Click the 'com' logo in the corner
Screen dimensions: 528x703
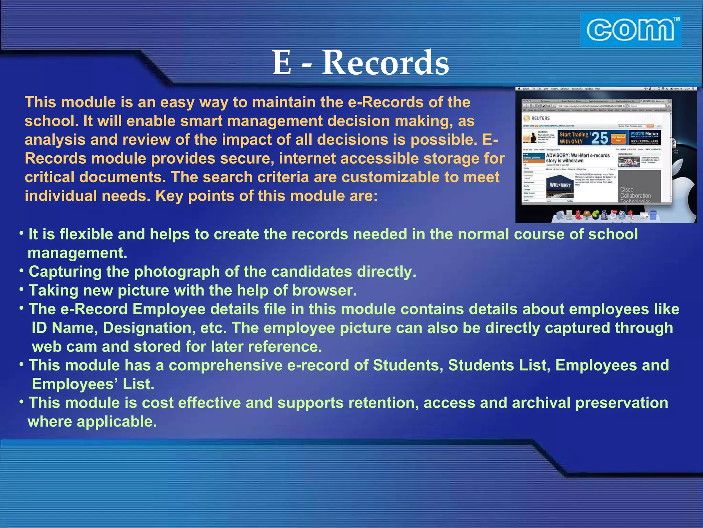pos(631,30)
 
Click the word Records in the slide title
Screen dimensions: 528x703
pos(385,63)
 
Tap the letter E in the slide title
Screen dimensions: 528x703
pos(282,63)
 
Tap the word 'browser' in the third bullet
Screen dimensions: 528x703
pos(324,291)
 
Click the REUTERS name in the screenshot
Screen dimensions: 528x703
pos(540,118)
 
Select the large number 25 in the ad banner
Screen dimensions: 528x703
pos(600,138)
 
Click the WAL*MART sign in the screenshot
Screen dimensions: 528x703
pos(560,185)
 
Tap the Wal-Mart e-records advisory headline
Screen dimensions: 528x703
pos(578,158)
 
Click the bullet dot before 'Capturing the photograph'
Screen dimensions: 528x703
pos(22,271)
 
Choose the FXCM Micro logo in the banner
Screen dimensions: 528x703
pos(645,134)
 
